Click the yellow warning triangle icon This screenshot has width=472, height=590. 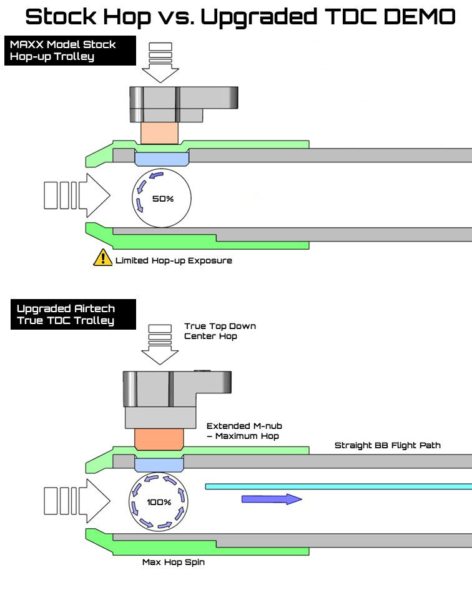point(102,257)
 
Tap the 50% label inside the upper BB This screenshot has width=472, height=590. point(162,199)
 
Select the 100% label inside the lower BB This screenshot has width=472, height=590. point(159,503)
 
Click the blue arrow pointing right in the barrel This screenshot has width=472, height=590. point(272,498)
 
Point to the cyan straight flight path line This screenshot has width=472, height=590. point(337,485)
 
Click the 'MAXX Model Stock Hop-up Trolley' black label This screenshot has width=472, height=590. point(70,51)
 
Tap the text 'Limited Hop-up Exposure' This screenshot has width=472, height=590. point(174,260)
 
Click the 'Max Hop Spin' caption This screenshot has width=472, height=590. point(174,563)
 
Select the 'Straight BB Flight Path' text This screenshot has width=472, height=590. point(387,445)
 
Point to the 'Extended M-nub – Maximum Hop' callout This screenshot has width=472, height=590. point(244,431)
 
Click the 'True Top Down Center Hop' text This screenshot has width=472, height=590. point(220,331)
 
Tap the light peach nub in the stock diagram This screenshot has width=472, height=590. point(160,133)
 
